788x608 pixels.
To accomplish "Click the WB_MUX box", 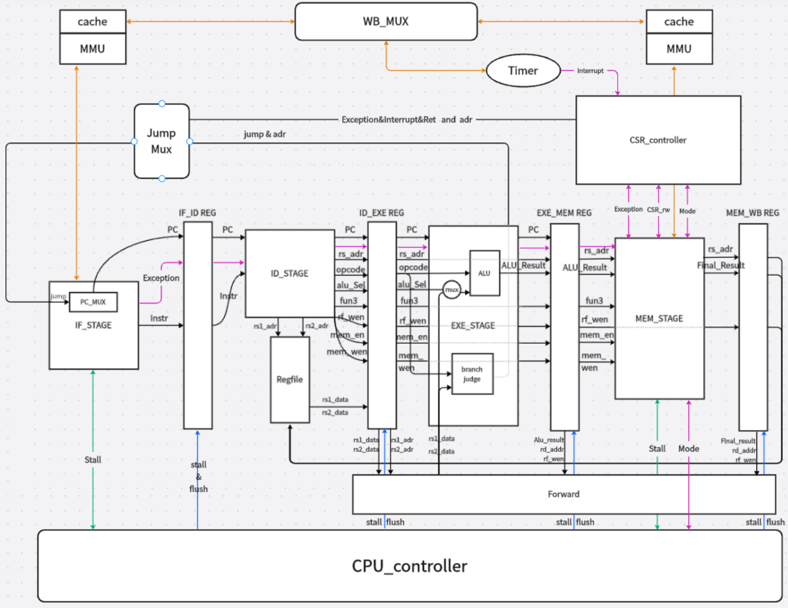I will click(x=386, y=22).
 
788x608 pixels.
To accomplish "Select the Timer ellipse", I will click(x=523, y=71).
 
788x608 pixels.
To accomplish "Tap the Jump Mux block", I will click(x=162, y=141).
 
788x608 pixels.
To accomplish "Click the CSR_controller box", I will click(x=658, y=140).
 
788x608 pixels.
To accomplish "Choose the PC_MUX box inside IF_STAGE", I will click(x=93, y=302).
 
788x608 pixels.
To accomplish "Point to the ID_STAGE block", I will click(x=289, y=273).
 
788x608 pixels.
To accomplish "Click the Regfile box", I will click(x=290, y=379).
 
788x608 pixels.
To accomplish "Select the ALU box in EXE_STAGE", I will click(x=484, y=273).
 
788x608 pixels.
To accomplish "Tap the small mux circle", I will click(x=452, y=290).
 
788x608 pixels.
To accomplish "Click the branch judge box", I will click(x=472, y=374).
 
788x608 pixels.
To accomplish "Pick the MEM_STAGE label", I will click(x=659, y=318).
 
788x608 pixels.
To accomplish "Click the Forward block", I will click(x=564, y=494).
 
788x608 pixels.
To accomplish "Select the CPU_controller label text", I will click(x=410, y=566).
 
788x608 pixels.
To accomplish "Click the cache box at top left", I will click(x=93, y=22).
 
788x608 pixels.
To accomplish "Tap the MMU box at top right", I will click(x=679, y=49).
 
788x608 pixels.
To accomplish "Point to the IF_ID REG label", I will click(x=197, y=213).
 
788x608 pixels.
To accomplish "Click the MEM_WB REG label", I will click(x=752, y=213).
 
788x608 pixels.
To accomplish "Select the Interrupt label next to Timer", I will click(x=590, y=71).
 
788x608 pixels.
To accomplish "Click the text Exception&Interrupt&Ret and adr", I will click(x=407, y=120).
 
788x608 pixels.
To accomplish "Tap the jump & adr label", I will click(x=265, y=134).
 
